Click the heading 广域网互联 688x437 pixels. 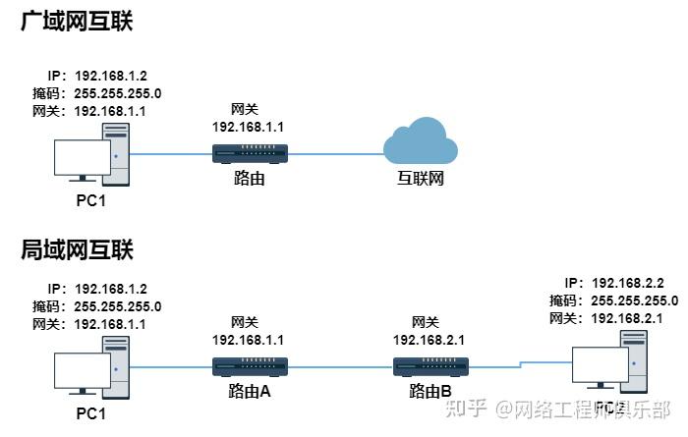click(x=77, y=21)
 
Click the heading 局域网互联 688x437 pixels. click(x=77, y=249)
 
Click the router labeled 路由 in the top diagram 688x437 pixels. click(x=250, y=153)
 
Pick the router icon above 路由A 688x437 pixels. click(x=250, y=367)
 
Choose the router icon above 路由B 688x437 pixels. click(x=430, y=367)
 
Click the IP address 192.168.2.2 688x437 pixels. click(x=629, y=282)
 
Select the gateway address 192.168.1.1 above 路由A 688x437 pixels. click(x=250, y=339)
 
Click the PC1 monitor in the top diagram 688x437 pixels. click(x=82, y=158)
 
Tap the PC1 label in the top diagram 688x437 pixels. click(x=90, y=200)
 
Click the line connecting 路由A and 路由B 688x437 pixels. click(x=340, y=368)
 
